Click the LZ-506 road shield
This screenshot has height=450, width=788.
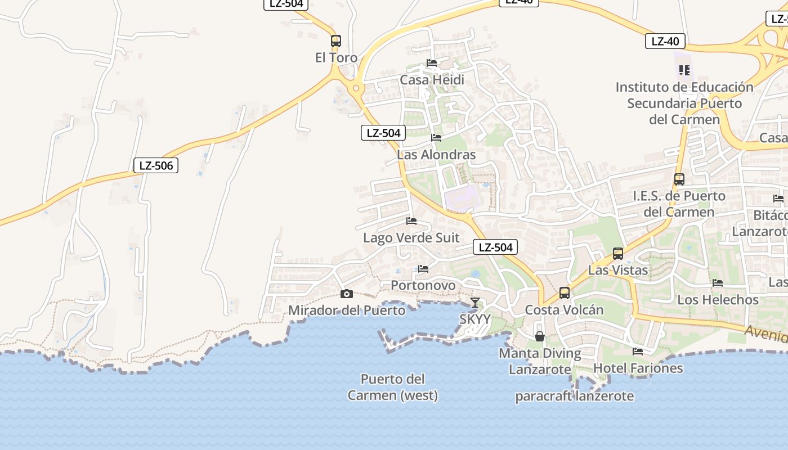(x=156, y=165)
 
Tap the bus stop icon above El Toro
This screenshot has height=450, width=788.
(x=336, y=41)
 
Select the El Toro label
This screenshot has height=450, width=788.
(x=336, y=57)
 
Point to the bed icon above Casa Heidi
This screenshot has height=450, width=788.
(x=432, y=63)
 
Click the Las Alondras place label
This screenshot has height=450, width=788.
(x=436, y=155)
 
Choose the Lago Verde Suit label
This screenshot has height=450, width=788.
(x=411, y=238)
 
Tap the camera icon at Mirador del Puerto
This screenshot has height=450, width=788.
(x=347, y=294)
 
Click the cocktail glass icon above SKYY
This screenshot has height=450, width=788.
(x=475, y=303)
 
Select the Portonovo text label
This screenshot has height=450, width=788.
(x=423, y=286)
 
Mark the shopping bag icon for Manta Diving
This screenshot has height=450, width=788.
(x=540, y=336)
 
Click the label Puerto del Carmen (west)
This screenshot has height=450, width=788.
(x=393, y=387)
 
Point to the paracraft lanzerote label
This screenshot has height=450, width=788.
(x=574, y=397)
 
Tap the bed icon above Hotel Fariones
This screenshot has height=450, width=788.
(x=638, y=352)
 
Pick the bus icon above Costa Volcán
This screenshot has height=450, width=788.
(x=565, y=293)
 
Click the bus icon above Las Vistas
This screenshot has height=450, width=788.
(x=618, y=254)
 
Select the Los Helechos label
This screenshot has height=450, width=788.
(x=718, y=300)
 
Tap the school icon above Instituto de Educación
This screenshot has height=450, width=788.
(x=684, y=70)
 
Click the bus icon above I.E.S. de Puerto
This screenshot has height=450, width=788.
(x=679, y=179)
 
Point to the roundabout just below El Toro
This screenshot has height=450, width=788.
(x=356, y=88)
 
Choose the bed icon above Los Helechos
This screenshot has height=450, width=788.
(x=718, y=283)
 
